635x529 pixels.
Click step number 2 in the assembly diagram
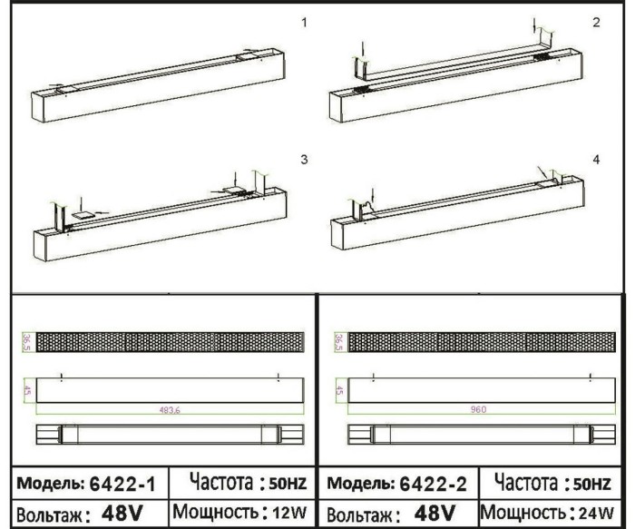(x=596, y=22)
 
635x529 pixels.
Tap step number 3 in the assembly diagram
(x=304, y=160)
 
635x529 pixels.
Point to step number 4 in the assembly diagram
(x=596, y=160)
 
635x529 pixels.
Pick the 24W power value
(x=604, y=512)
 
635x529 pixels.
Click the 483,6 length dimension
(x=168, y=409)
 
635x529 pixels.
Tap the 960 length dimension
(x=479, y=409)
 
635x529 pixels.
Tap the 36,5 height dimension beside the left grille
(x=26, y=342)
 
